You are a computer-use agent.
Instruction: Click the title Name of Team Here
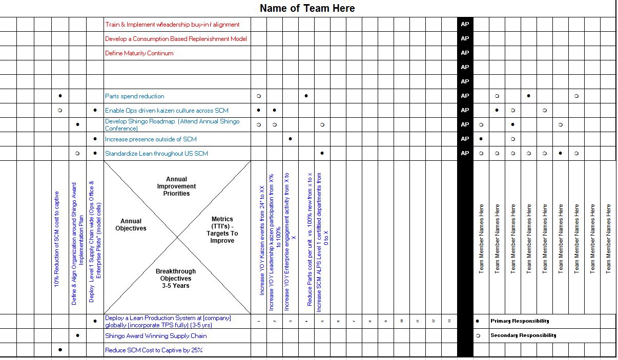pos(307,8)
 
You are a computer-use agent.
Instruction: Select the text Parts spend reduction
pos(134,96)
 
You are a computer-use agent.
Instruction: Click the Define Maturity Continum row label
pos(139,53)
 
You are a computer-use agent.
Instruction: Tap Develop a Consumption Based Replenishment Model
pos(176,39)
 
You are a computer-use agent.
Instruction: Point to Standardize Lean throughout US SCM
pos(156,154)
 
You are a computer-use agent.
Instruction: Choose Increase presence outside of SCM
pos(151,139)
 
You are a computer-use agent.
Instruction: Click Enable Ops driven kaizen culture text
pos(167,111)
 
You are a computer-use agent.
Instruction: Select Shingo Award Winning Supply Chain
pos(156,336)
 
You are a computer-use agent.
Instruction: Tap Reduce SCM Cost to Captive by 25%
pos(153,350)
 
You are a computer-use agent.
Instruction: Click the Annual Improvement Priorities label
pos(177,186)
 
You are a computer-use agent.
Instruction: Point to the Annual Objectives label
pos(131,225)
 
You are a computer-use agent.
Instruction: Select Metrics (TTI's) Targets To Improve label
pos(222,230)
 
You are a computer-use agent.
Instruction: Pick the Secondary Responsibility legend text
pos(523,335)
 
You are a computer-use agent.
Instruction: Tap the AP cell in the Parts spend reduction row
pos(465,96)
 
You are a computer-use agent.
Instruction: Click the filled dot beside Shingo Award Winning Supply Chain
pos(77,336)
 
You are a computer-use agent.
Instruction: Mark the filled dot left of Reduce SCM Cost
pos(60,350)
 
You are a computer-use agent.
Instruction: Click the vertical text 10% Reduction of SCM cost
pos(57,239)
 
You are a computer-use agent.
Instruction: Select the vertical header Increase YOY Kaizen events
pos(262,241)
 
